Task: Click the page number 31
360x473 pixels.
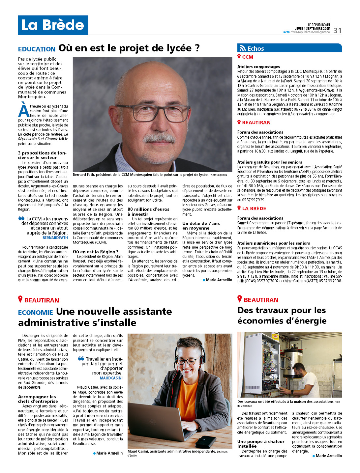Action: tap(337, 31)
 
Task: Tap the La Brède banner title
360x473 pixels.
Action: tap(53, 25)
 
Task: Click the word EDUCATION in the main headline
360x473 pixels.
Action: tap(37, 49)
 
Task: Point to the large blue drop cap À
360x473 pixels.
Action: tap(24, 110)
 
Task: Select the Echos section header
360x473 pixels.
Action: tap(255, 48)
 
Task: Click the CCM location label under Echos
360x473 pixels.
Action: tap(248, 57)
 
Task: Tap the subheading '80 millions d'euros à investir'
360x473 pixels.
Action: tap(148, 211)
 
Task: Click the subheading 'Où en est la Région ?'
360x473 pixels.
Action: tap(95, 252)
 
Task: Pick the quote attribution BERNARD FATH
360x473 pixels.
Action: tap(55, 237)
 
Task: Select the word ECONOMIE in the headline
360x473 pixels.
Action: tap(35, 313)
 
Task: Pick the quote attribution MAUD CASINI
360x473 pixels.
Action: tap(111, 378)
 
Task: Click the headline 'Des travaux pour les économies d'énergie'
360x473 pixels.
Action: tap(282, 315)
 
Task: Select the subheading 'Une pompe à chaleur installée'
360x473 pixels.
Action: tap(261, 444)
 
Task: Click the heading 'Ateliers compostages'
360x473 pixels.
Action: tap(258, 67)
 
